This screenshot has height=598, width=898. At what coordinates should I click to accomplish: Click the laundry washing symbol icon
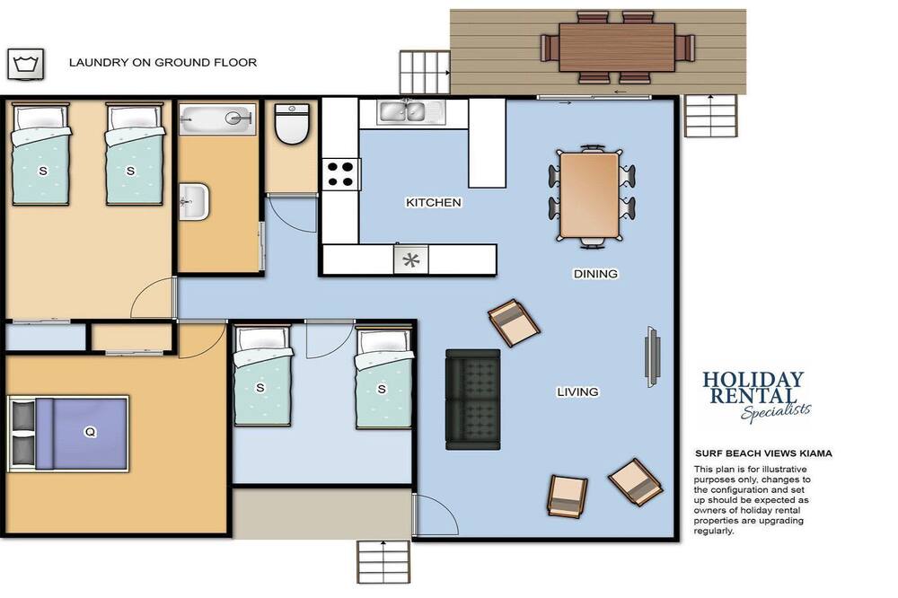coord(25,64)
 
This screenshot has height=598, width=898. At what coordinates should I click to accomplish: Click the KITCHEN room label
coord(434,203)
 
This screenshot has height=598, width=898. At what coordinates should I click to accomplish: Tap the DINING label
coord(595,274)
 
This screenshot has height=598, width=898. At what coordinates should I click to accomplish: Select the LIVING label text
coord(577,391)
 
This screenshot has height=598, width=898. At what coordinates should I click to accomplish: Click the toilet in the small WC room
coord(292,123)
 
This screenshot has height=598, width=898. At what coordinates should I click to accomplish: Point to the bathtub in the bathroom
coord(217,119)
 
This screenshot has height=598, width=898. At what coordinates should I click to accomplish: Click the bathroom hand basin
coord(194,202)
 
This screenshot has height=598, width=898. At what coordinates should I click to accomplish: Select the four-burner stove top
coord(340,175)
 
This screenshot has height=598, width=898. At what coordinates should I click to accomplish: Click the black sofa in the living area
coord(473,400)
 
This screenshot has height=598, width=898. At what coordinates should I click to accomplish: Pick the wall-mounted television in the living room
coord(653,356)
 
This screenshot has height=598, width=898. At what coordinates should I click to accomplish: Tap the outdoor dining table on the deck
coord(617,48)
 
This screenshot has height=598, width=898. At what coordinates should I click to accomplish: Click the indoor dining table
coord(590,195)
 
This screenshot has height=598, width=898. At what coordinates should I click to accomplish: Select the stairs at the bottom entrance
coord(383,562)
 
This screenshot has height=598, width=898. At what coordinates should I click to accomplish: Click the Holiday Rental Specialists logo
coord(756,396)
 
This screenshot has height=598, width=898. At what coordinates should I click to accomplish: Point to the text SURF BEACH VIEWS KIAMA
coord(763,453)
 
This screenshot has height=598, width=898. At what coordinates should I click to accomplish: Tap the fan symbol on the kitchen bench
coord(410,260)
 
